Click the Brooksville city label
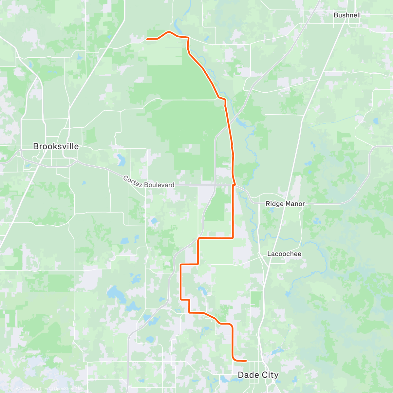click(x=56, y=146)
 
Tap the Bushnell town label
click(x=347, y=15)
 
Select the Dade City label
click(x=258, y=375)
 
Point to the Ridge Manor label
click(x=285, y=204)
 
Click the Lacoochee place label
click(x=284, y=254)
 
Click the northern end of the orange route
click(x=147, y=39)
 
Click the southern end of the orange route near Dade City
click(x=246, y=361)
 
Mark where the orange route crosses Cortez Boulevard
click(x=234, y=185)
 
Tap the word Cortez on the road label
click(x=132, y=181)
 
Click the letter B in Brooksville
click(x=36, y=146)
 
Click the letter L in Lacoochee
click(x=269, y=254)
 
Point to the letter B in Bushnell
click(x=336, y=15)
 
